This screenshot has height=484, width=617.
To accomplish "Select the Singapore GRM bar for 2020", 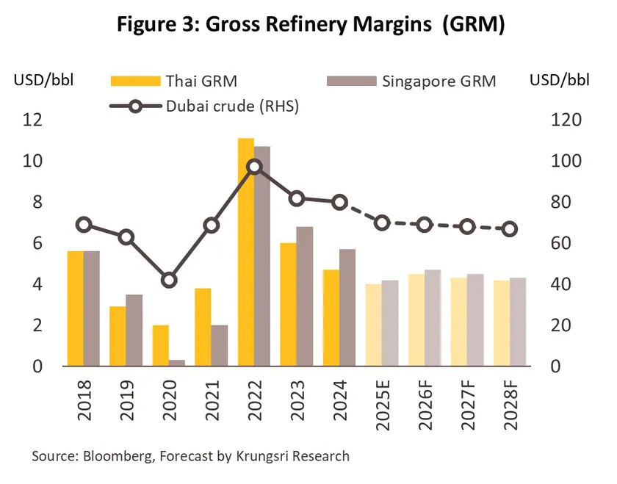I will [x=177, y=363].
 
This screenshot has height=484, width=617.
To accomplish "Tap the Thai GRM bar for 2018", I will [x=75, y=308].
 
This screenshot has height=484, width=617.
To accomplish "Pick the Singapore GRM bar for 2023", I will [x=305, y=297].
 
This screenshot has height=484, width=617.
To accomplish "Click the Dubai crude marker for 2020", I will [x=169, y=280].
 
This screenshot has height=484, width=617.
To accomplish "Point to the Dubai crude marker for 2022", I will [x=254, y=167].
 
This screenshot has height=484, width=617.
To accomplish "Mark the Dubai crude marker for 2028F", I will [x=509, y=229].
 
